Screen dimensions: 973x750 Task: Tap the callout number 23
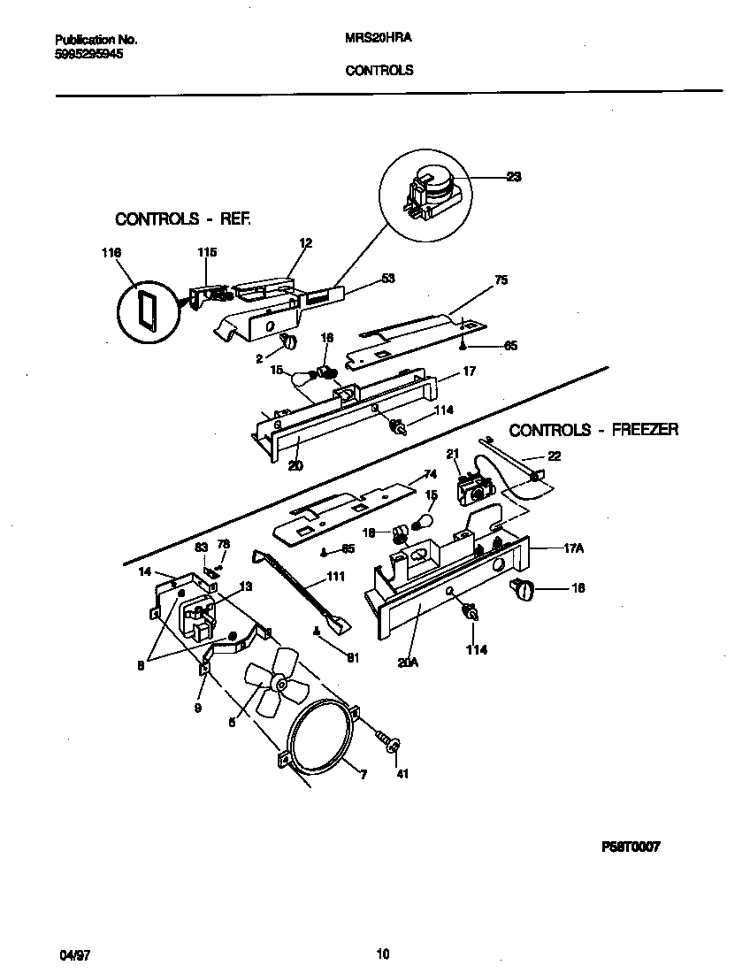pos(513,177)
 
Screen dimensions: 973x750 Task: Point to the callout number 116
pos(111,253)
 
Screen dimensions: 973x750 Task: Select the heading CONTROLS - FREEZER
pos(593,430)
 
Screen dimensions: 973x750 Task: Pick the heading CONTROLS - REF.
pos(183,218)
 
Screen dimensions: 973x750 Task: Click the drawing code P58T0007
pos(631,847)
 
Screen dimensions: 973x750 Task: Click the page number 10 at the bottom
pos(382,954)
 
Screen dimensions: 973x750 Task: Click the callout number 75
pos(501,280)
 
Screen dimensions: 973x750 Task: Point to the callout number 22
pos(554,456)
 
